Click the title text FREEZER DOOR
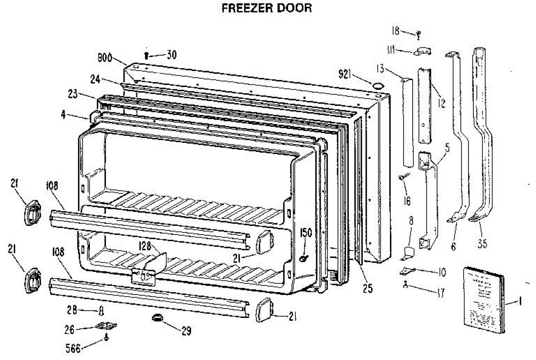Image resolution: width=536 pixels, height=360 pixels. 267,8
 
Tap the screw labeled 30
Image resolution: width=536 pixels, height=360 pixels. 147,55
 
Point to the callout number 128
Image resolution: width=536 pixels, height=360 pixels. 145,245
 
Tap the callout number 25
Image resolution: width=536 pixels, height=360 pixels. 367,289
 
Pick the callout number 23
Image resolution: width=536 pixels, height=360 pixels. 73,94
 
